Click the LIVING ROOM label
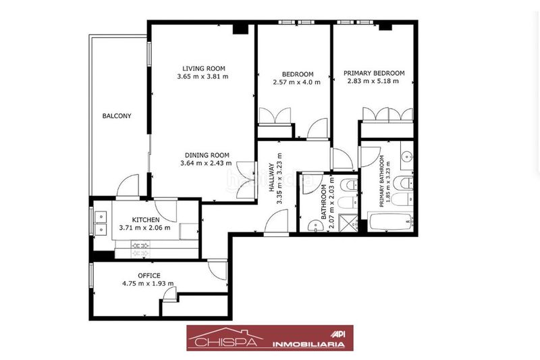click(204, 68)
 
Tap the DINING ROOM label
click(207, 155)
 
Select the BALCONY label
click(117, 116)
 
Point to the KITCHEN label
click(146, 220)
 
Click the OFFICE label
click(148, 276)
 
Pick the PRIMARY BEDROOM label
click(374, 73)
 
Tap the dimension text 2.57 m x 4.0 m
click(296, 82)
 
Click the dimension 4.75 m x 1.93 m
click(148, 284)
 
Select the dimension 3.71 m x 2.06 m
click(144, 228)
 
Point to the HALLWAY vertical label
click(272, 178)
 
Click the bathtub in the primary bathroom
click(390, 222)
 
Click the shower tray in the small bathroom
click(348, 222)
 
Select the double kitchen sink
click(101, 222)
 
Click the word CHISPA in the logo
click(225, 342)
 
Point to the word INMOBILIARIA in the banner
click(308, 344)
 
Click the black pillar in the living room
click(240, 29)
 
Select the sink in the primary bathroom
click(407, 156)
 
